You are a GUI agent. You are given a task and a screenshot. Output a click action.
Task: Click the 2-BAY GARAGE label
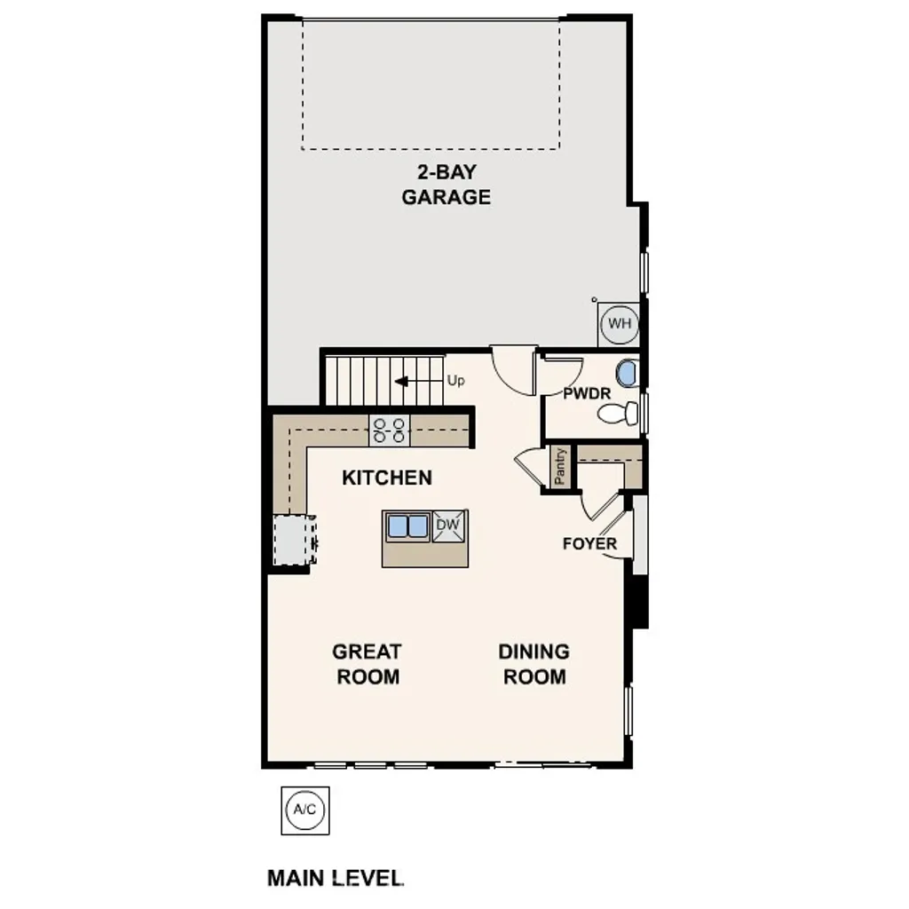tap(446, 185)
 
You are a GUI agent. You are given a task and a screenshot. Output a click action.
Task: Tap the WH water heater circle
tap(619, 324)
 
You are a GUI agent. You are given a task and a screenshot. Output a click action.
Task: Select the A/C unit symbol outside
tap(304, 810)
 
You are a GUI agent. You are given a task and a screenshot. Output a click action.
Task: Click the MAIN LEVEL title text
tap(336, 878)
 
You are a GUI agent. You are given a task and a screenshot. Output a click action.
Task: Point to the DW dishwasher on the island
tap(449, 526)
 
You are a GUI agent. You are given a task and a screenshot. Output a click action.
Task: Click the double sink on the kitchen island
tap(407, 526)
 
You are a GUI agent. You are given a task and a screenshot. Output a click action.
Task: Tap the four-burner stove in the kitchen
tap(391, 431)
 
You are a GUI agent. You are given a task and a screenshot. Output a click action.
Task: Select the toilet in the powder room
tap(618, 413)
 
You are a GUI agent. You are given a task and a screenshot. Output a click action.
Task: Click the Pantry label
tap(560, 466)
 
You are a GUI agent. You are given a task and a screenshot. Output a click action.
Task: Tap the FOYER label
tap(589, 543)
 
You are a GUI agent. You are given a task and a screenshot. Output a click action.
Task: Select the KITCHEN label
tap(387, 478)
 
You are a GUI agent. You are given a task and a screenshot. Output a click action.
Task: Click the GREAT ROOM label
tap(367, 664)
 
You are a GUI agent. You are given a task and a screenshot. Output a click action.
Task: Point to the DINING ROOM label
tap(534, 664)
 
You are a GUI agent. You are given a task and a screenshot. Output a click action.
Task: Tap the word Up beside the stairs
tap(456, 381)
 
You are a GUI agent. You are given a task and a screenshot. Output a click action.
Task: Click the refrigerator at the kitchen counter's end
tap(293, 540)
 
